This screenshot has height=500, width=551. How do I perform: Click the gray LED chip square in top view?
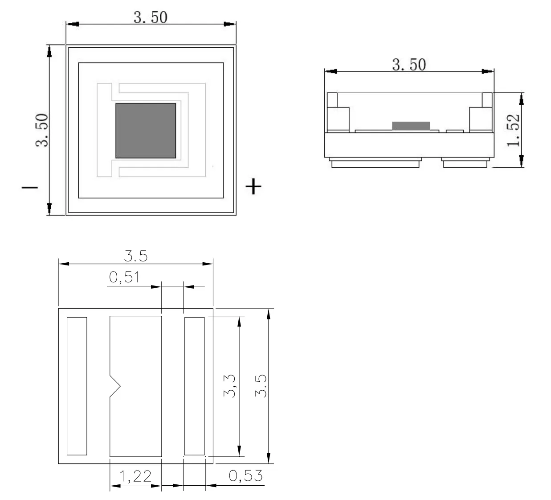point(146,131)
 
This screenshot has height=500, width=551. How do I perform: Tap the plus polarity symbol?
point(253,186)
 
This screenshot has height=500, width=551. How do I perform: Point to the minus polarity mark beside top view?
point(30,187)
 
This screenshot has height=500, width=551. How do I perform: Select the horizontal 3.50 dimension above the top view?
point(151,17)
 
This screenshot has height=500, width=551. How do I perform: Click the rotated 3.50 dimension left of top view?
point(41,130)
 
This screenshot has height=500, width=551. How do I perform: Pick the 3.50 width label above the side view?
point(408,65)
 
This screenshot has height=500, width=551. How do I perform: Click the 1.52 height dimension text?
point(513,130)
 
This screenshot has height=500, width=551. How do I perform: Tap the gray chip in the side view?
point(411,126)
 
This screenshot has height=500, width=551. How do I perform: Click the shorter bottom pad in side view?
point(464,163)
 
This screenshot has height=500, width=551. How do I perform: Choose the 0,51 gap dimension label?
point(124,278)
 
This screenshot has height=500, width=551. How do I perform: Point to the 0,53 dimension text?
point(245,476)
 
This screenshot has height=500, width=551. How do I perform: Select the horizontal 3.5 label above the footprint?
point(135,256)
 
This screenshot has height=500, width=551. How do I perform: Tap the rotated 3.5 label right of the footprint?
point(261,386)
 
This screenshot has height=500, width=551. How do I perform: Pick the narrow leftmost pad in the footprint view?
point(77,386)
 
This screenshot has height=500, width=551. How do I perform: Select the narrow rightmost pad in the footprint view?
point(194,386)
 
